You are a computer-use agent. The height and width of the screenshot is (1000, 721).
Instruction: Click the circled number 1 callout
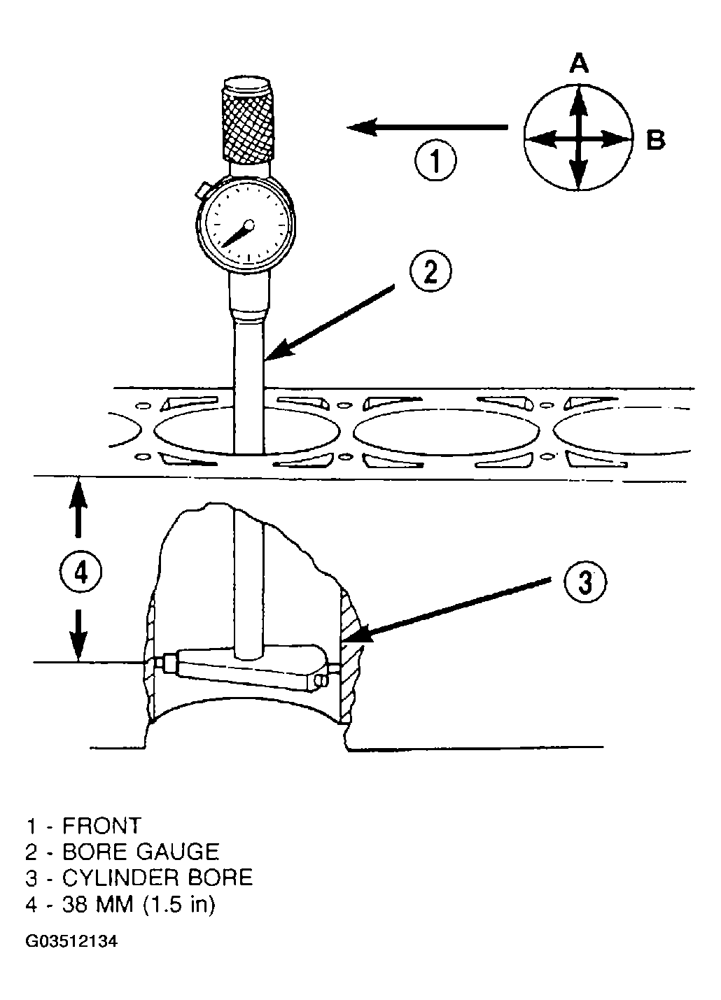click(x=435, y=160)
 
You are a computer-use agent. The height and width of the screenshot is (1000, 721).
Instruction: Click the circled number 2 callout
click(x=430, y=271)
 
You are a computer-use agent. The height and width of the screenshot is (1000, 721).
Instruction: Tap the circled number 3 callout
click(x=585, y=582)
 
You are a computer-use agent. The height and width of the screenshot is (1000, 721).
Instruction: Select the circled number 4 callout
click(x=80, y=572)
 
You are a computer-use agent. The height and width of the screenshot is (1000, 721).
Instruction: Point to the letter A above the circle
click(x=579, y=63)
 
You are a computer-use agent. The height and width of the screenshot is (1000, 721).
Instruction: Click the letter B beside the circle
click(x=655, y=139)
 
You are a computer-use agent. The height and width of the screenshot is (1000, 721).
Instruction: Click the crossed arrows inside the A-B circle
click(x=578, y=138)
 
